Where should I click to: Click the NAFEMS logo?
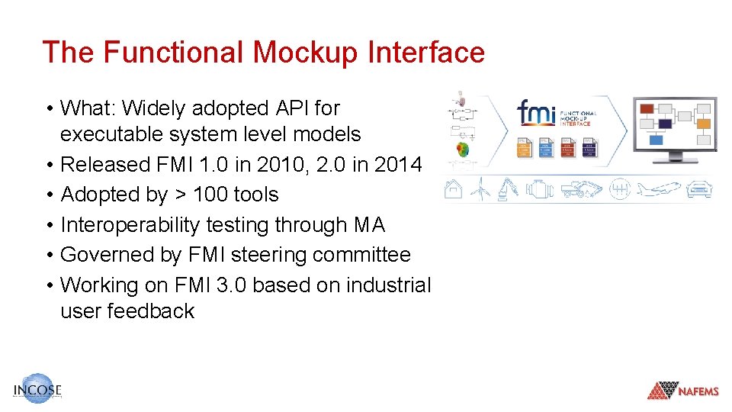click(x=683, y=391)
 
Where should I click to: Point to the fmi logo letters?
click(x=538, y=112)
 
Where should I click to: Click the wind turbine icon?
click(x=481, y=188)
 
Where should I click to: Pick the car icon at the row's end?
click(x=699, y=188)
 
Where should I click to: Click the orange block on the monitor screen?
click(x=703, y=123)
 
